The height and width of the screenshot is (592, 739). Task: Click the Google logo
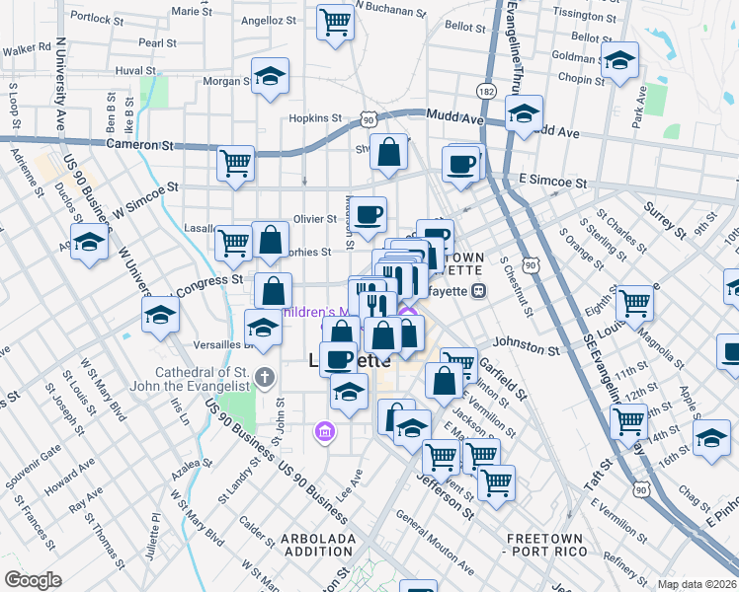33,580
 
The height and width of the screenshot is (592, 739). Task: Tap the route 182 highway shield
485,91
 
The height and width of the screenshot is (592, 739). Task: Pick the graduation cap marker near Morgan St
270,78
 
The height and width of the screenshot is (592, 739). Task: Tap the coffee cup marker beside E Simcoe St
461,164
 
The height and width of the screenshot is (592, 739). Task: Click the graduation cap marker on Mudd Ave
524,112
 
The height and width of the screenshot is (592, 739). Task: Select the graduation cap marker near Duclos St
89,242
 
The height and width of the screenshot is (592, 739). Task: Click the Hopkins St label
315,117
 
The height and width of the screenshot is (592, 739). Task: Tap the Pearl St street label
157,43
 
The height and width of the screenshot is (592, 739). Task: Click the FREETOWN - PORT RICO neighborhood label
546,545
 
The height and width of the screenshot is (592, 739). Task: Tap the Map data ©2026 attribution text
698,583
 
